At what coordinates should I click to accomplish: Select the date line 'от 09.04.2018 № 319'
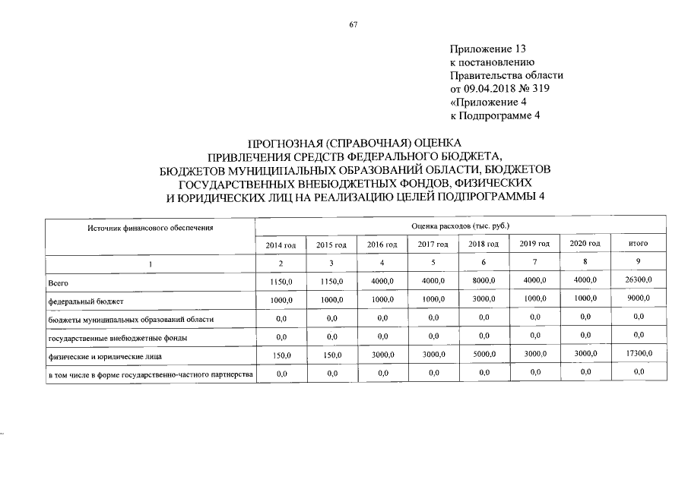(499, 89)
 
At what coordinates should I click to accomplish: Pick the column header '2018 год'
(484, 244)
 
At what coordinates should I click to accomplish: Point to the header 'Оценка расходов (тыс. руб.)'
(459, 226)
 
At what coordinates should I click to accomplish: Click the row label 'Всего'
(59, 282)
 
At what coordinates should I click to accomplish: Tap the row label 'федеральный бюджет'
(81, 301)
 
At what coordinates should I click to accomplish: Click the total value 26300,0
(638, 281)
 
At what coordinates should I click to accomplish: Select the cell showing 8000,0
(484, 281)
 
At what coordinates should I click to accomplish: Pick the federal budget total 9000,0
(638, 299)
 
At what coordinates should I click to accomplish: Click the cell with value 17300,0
(638, 354)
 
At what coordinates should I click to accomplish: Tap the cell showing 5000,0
(484, 354)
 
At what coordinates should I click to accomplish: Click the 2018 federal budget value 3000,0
(484, 299)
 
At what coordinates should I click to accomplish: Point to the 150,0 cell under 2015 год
(331, 355)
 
